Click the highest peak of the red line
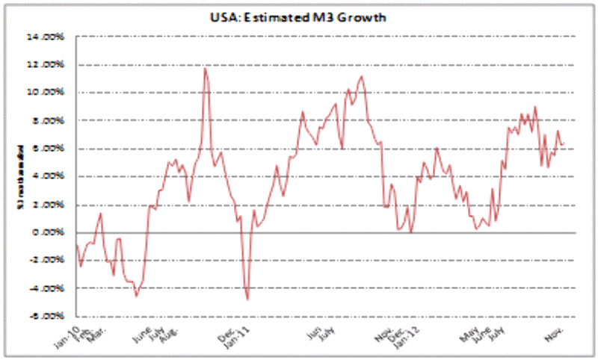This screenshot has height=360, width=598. click(x=205, y=68)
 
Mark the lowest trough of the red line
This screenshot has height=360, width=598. click(x=247, y=300)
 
